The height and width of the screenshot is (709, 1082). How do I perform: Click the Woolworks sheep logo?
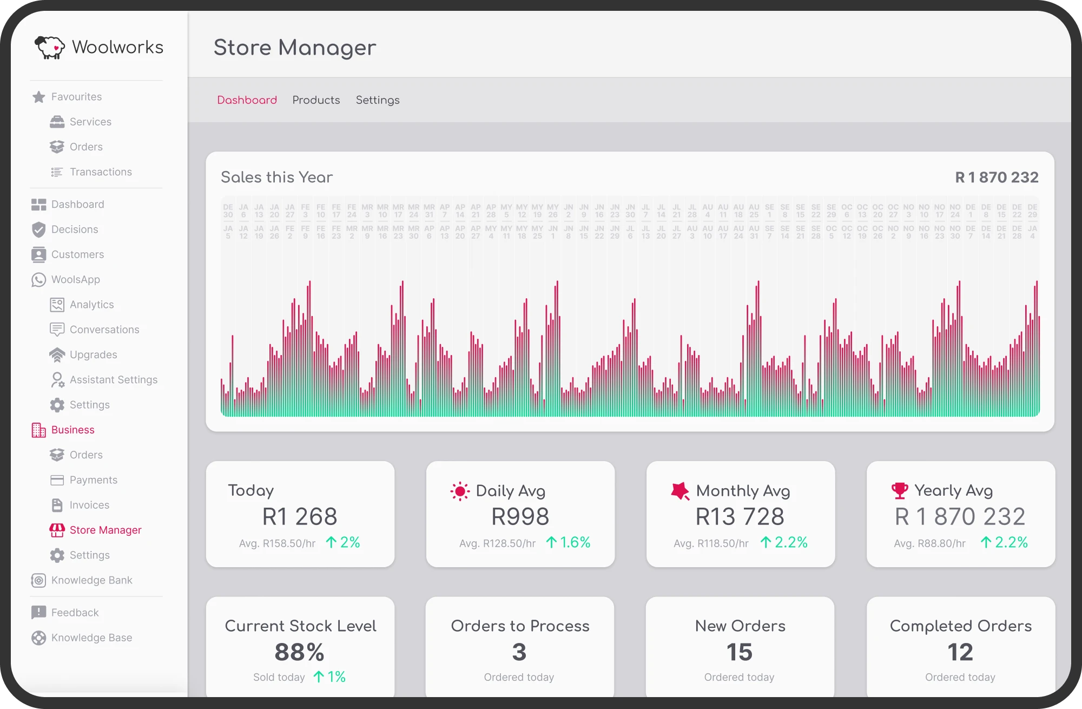50,48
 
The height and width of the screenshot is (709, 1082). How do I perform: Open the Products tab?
316,100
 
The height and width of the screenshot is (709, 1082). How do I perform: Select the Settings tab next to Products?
378,100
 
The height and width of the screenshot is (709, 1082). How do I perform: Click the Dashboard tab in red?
247,100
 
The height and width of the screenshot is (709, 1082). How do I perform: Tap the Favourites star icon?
38,97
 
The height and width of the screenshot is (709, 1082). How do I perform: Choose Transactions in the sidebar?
101,172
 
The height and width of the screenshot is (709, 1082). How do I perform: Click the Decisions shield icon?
38,229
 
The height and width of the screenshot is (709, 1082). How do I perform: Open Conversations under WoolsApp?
104,330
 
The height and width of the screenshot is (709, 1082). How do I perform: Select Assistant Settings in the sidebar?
113,380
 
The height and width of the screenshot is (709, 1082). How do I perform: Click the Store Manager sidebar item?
105,530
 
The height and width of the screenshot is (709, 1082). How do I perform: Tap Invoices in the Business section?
89,505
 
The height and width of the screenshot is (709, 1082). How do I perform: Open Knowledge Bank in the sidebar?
91,580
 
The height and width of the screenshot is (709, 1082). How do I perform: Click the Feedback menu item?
75,613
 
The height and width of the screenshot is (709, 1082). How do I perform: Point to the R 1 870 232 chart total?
997,178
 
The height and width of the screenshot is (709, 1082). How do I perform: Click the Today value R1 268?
300,516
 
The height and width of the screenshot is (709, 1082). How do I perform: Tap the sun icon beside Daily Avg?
460,491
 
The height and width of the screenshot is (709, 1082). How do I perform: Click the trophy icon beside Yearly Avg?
900,491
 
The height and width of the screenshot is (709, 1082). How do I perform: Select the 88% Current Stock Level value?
299,652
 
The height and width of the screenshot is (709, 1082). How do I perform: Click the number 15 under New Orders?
739,652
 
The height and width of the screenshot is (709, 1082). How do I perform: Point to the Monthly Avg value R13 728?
740,516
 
